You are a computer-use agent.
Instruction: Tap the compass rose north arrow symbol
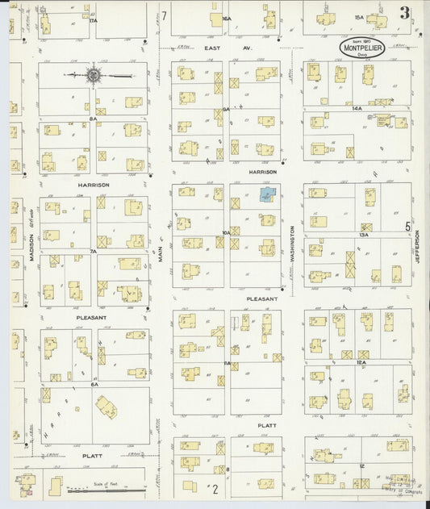[x=94, y=76]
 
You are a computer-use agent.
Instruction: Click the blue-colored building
[x=266, y=194]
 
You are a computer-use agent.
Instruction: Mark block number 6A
[x=94, y=384]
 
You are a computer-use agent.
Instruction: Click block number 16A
[x=227, y=18]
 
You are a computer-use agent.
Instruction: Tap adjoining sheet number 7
[x=163, y=15]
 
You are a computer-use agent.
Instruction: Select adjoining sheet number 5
[x=407, y=227]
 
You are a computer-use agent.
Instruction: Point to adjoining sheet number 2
[x=215, y=488]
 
